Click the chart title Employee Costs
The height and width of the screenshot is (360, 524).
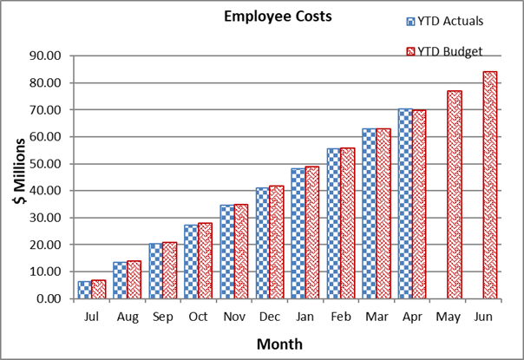tap(266, 16)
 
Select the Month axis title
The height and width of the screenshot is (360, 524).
tap(278, 344)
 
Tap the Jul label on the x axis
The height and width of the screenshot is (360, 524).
tap(92, 317)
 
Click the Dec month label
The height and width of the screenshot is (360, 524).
tap(270, 317)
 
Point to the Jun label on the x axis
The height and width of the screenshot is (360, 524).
tap(484, 317)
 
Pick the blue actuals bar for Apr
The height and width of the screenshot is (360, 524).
tap(405, 203)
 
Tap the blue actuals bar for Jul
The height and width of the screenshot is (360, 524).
tap(84, 290)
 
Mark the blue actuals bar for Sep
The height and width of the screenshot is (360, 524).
tap(155, 271)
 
